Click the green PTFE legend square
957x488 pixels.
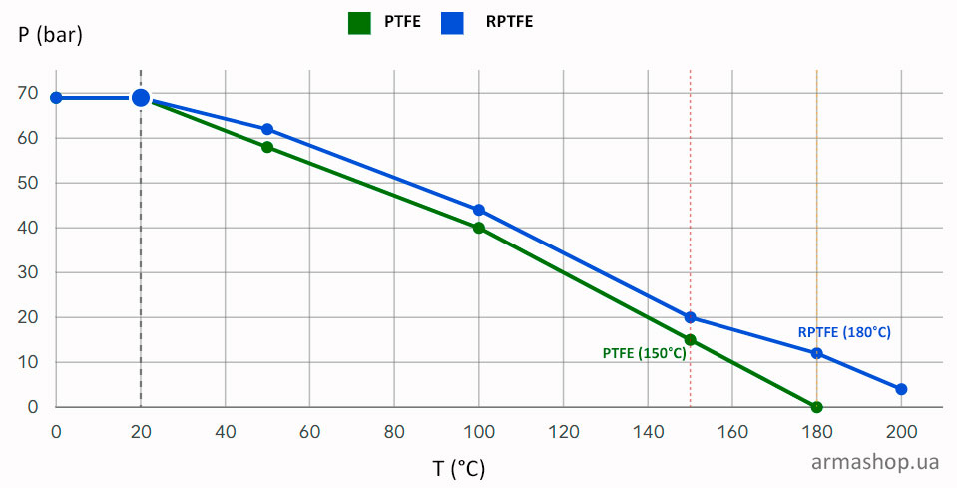359,23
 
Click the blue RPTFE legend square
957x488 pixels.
452,23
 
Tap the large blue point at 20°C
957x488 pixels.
141,98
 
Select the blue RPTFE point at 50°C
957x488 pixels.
267,130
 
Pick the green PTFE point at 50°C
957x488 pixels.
267,147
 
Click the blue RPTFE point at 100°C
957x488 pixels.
479,210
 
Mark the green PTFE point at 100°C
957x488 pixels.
479,229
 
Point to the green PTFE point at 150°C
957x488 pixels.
690,339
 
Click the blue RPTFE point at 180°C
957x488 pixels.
816,353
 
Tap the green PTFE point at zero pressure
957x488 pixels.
816,407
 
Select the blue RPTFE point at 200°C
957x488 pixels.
901,389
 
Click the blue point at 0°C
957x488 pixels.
56,98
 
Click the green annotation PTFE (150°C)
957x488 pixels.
644,354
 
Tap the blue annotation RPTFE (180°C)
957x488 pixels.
844,332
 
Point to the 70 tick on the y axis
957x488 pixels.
28,94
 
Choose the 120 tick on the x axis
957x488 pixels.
564,432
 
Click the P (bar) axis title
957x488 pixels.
50,35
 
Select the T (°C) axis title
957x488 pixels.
459,469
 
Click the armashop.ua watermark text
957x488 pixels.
875,462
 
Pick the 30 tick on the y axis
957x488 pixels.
28,272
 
